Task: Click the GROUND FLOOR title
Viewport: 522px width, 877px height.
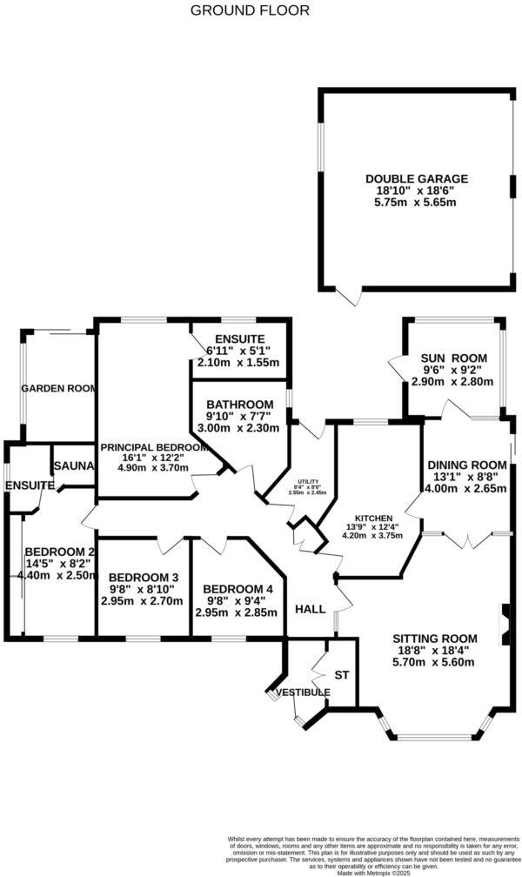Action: coord(249,10)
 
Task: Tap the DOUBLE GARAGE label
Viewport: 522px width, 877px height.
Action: coord(416,178)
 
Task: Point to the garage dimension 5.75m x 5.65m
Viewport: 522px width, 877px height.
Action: coord(416,202)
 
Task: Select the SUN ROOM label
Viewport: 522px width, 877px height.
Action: coord(453,358)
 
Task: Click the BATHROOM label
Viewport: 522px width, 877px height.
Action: coord(239,405)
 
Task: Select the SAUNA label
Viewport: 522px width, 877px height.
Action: coord(73,466)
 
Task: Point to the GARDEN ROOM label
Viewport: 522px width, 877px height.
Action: coord(57,389)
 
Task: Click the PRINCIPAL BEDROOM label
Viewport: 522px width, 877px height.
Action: coord(155,447)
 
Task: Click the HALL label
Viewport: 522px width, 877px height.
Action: coord(311,609)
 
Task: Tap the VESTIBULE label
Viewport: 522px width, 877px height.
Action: coord(303,692)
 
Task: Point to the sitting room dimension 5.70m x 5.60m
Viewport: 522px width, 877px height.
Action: coord(432,662)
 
